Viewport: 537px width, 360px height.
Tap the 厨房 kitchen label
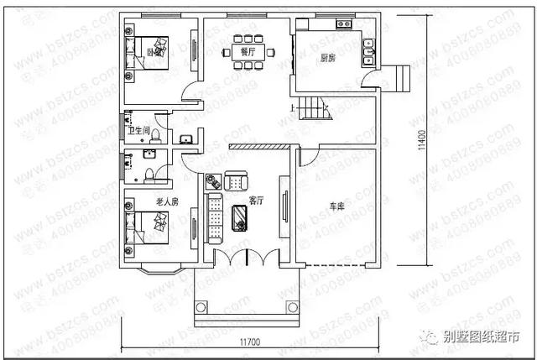click(329, 59)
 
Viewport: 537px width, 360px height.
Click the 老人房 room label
click(166, 201)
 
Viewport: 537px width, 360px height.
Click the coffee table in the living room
click(239, 217)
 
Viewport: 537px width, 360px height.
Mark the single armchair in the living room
click(236, 179)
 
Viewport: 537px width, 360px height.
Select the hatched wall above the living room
click(259, 145)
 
